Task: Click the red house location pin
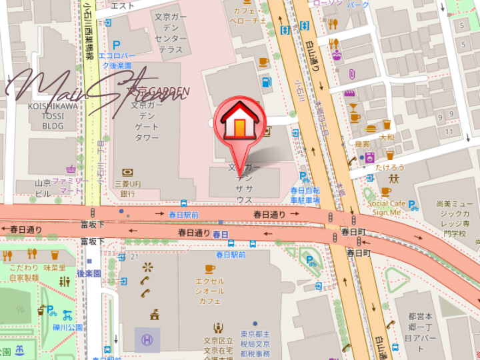[240, 123]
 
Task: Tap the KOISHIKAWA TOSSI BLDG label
[53, 115]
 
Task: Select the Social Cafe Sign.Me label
[387, 208]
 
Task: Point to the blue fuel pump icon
[267, 83]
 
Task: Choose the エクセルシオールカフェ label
[209, 291]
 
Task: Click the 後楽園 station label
[88, 273]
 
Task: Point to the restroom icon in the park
[64, 281]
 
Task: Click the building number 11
[449, 131]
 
